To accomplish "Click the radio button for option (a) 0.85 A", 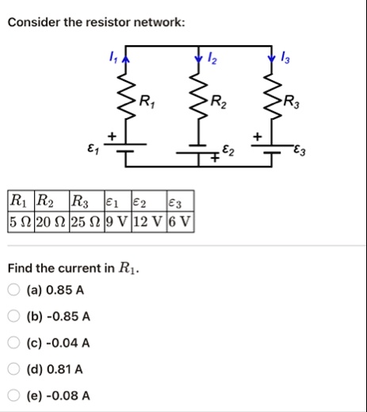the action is tap(13, 290).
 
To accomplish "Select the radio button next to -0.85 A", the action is tap(13, 316).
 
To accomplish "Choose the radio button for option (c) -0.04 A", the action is tap(13, 342).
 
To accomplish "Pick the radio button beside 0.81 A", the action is tap(13, 369).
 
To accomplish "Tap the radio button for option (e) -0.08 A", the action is tap(13, 395).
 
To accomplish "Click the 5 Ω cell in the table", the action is tap(21, 221).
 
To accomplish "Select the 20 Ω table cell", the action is tap(52, 221).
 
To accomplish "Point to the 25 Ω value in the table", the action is tap(87, 221).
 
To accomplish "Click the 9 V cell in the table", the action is tap(118, 221).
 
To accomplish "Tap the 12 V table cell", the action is tap(149, 221).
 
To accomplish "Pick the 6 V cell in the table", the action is tap(180, 221).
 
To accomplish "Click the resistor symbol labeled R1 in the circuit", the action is tap(126, 96).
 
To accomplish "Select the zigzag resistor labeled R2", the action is tap(198, 96).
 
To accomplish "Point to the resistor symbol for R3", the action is tap(271, 96).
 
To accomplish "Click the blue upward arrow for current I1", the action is tap(126, 60).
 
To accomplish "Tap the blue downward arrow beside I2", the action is tap(198, 60).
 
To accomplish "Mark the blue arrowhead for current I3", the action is tap(271, 60).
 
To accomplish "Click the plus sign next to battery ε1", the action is tap(112, 137).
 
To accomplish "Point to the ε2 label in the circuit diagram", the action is tap(228, 150).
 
